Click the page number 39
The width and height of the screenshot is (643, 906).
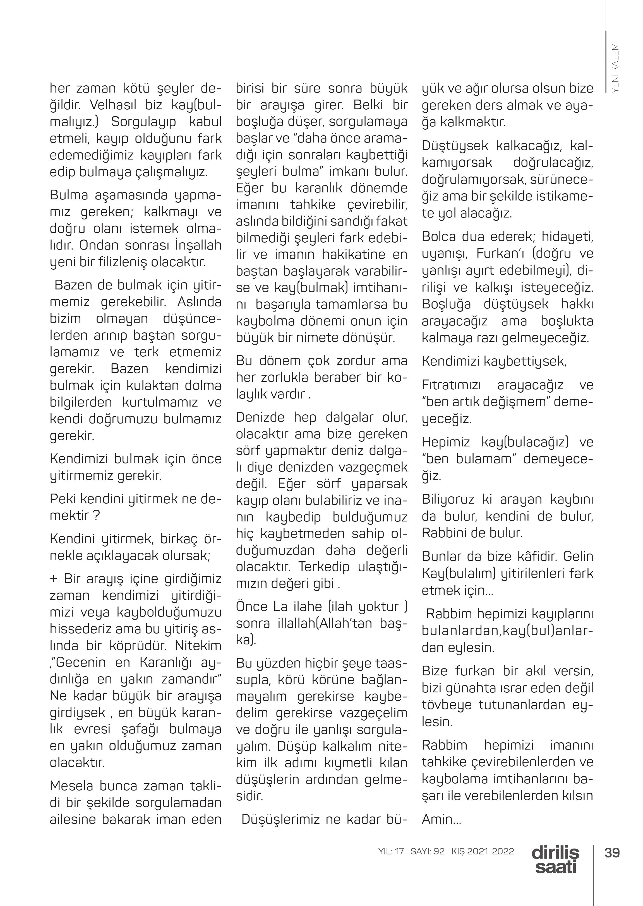pyautogui.click(x=612, y=852)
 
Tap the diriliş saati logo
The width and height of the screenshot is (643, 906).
pyautogui.click(x=555, y=860)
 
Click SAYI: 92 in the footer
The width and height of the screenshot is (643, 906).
pyautogui.click(x=428, y=851)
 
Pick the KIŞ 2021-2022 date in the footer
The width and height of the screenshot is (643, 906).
pyautogui.click(x=483, y=851)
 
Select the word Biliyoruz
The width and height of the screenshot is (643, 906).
pyautogui.click(x=447, y=499)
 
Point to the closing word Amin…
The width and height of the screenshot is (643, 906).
pyautogui.click(x=441, y=819)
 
